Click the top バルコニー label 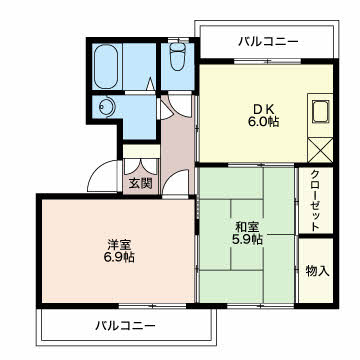(x=268, y=41)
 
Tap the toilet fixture (x=177, y=59)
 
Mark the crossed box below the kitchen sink (x=321, y=148)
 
